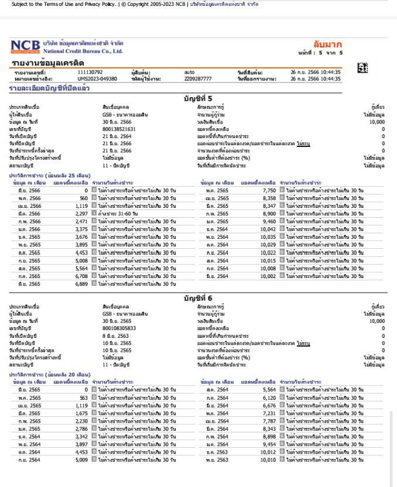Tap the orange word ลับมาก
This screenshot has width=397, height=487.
pyautogui.click(x=327, y=44)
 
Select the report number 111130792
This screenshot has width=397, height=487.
pyautogui.click(x=90, y=72)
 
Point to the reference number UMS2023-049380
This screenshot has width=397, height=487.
pyautogui.click(x=97, y=78)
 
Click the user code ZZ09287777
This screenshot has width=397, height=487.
pyautogui.click(x=198, y=78)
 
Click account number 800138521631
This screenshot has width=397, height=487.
pyautogui.click(x=119, y=129)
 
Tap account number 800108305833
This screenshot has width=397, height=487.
pyautogui.click(x=119, y=328)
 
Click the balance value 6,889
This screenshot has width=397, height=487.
pyautogui.click(x=81, y=283)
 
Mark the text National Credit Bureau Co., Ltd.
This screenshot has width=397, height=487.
pyautogui.click(x=83, y=51)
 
